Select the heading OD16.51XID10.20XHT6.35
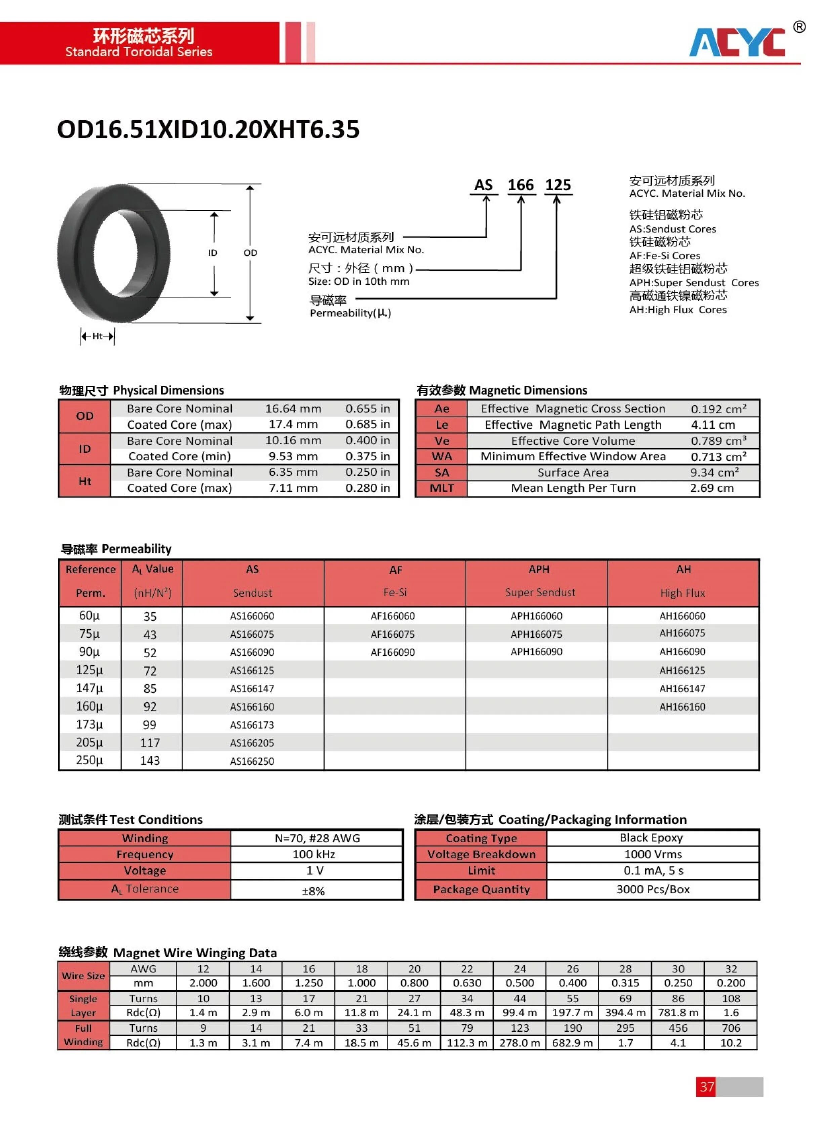pyautogui.click(x=208, y=129)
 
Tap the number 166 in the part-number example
pyautogui.click(x=521, y=185)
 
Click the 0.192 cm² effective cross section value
pyautogui.click(x=718, y=409)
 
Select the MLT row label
pyautogui.click(x=442, y=488)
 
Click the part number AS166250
pyautogui.click(x=252, y=761)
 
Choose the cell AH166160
pyautogui.click(x=682, y=707)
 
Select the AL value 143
pyautogui.click(x=150, y=761)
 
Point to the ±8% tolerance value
pyautogui.click(x=313, y=891)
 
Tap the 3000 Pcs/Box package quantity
pyautogui.click(x=653, y=889)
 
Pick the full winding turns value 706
pyautogui.click(x=731, y=1028)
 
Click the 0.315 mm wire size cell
pyautogui.click(x=625, y=983)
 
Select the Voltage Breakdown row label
pyautogui.click(x=481, y=854)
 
